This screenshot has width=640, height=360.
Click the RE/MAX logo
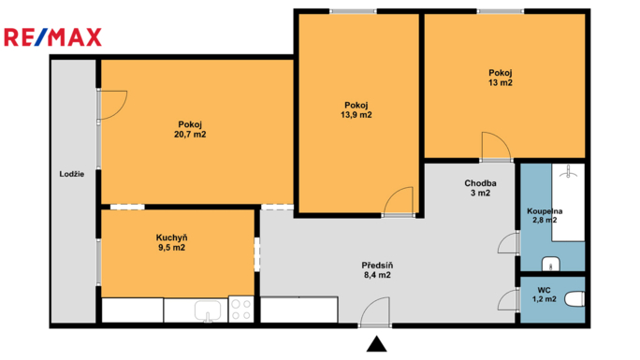pos(52,37)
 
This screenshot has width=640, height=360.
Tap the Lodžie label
pos(72,174)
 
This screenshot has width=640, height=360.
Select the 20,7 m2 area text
pos(190,135)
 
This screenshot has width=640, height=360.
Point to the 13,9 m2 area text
pos(356,115)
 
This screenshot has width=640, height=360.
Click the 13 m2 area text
pos(501,83)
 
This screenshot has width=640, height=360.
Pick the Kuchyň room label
pos(172,238)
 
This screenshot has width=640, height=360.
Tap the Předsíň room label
pos(378,266)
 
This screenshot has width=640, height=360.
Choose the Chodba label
pos(480,183)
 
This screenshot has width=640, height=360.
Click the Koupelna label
pos(545,211)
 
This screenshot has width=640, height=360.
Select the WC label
pos(544,290)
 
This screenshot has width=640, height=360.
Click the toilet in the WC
pos(575,299)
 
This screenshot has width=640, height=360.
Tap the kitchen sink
pos(208,310)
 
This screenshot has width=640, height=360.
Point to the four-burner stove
pos(241,309)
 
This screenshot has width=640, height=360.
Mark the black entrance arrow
pos(376,344)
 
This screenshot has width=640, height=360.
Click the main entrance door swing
pos(374,312)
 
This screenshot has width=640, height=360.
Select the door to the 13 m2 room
pos(496,147)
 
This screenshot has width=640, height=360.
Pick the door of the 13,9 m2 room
pos(399,201)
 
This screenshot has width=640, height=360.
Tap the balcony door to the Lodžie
pos(112,105)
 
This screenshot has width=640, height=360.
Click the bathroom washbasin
pos(551,265)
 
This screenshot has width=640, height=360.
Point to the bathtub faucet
pos(568,172)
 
